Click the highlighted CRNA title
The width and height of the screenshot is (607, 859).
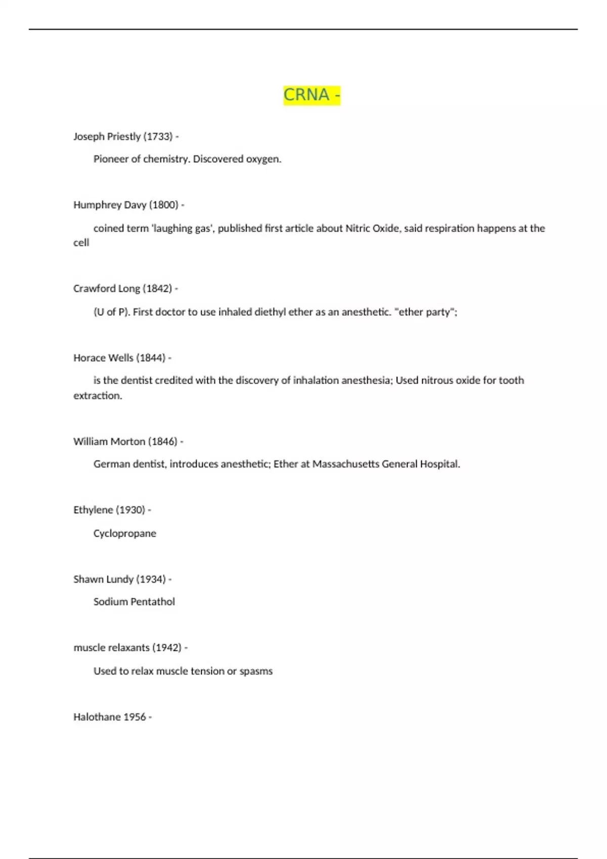coord(312,94)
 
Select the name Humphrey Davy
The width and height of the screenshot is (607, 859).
coord(110,205)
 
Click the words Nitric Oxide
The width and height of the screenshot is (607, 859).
coord(373,228)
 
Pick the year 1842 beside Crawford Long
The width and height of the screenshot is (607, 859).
coord(157,289)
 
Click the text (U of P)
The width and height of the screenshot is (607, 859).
coord(111,312)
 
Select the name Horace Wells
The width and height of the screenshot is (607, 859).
coord(103,358)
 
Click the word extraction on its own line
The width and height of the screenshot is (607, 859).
coord(97,396)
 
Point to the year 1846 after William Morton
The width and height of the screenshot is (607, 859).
coord(162,442)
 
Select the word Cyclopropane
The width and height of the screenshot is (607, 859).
coord(124,534)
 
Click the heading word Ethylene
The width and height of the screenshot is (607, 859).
coord(93,510)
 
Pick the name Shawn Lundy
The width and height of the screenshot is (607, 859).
coord(103,579)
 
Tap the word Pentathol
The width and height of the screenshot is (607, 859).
coord(152,602)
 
